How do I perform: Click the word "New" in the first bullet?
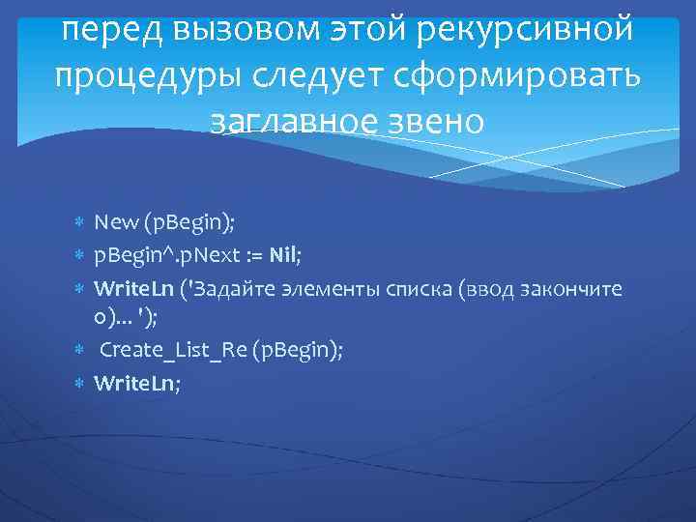pos(114,224)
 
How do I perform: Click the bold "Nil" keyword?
pos(283,256)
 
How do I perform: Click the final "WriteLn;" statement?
pos(136,383)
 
